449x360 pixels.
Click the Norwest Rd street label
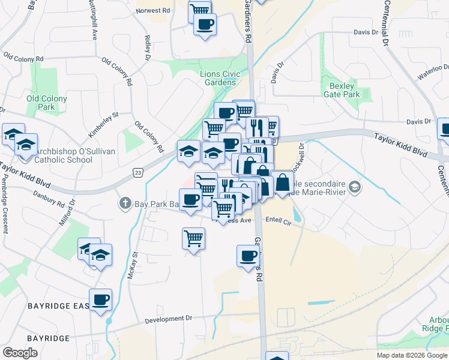153,11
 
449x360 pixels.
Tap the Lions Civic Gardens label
220,79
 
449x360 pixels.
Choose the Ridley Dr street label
147,48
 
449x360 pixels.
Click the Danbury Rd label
40,197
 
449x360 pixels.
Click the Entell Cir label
279,222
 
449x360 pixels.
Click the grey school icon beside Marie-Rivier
355,187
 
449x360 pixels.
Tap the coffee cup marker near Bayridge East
100,300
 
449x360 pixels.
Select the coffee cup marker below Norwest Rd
205,25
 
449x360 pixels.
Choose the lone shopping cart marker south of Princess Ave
193,238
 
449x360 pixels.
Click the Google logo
20,353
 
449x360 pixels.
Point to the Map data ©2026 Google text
412,355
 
